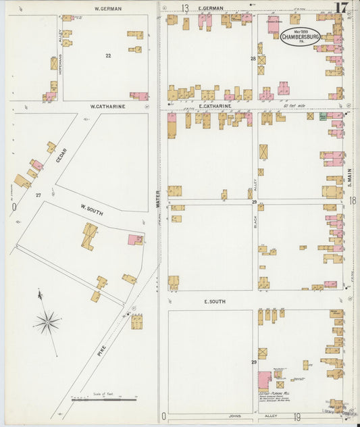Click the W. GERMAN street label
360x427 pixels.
click(x=107, y=9)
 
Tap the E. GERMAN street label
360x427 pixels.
click(x=211, y=8)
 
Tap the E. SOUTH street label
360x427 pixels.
click(x=215, y=301)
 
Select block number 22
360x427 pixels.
click(x=107, y=55)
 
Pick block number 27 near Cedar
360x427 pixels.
click(x=38, y=195)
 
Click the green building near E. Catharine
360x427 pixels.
click(x=323, y=116)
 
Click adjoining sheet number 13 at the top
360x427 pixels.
click(x=184, y=8)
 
